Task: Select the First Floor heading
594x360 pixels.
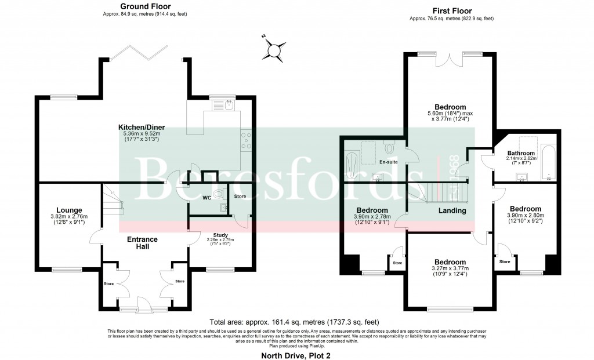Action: tap(452, 10)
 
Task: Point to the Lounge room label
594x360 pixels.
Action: tap(69, 210)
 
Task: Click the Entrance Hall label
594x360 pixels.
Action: tap(143, 243)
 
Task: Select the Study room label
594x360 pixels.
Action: tap(219, 234)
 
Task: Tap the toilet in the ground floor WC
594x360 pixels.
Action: tap(218, 194)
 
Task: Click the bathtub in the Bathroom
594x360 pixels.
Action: tap(548, 162)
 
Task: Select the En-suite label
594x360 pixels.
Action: tap(388, 162)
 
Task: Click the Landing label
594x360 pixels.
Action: tap(452, 210)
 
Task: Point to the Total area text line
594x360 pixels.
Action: tap(296, 322)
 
